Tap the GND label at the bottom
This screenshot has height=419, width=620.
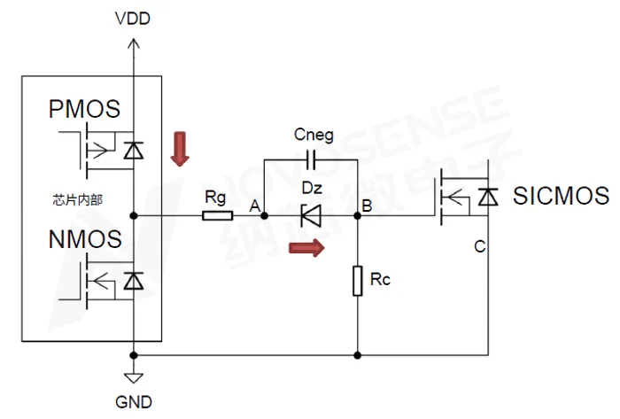pos(134,400)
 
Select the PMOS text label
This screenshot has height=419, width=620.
pos(84,110)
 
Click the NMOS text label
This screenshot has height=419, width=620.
pos(84,239)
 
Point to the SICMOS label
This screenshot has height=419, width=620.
pos(561,196)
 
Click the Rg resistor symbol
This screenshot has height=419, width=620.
pos(218,215)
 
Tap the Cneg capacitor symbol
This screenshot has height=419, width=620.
pos(311,160)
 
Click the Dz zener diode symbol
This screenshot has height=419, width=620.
pos(310,215)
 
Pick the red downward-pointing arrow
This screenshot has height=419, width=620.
pos(181,149)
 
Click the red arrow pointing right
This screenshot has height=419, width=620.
pos(306,249)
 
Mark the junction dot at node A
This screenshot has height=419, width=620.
pos(264,215)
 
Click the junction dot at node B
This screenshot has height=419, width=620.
pos(358,215)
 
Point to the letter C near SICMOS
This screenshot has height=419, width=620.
pos(479,246)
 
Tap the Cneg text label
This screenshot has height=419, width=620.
pos(314,136)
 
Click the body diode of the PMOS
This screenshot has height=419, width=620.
pos(134,151)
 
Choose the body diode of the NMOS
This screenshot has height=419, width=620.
pos(134,281)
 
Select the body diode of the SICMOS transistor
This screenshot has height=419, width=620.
pos(487,199)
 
